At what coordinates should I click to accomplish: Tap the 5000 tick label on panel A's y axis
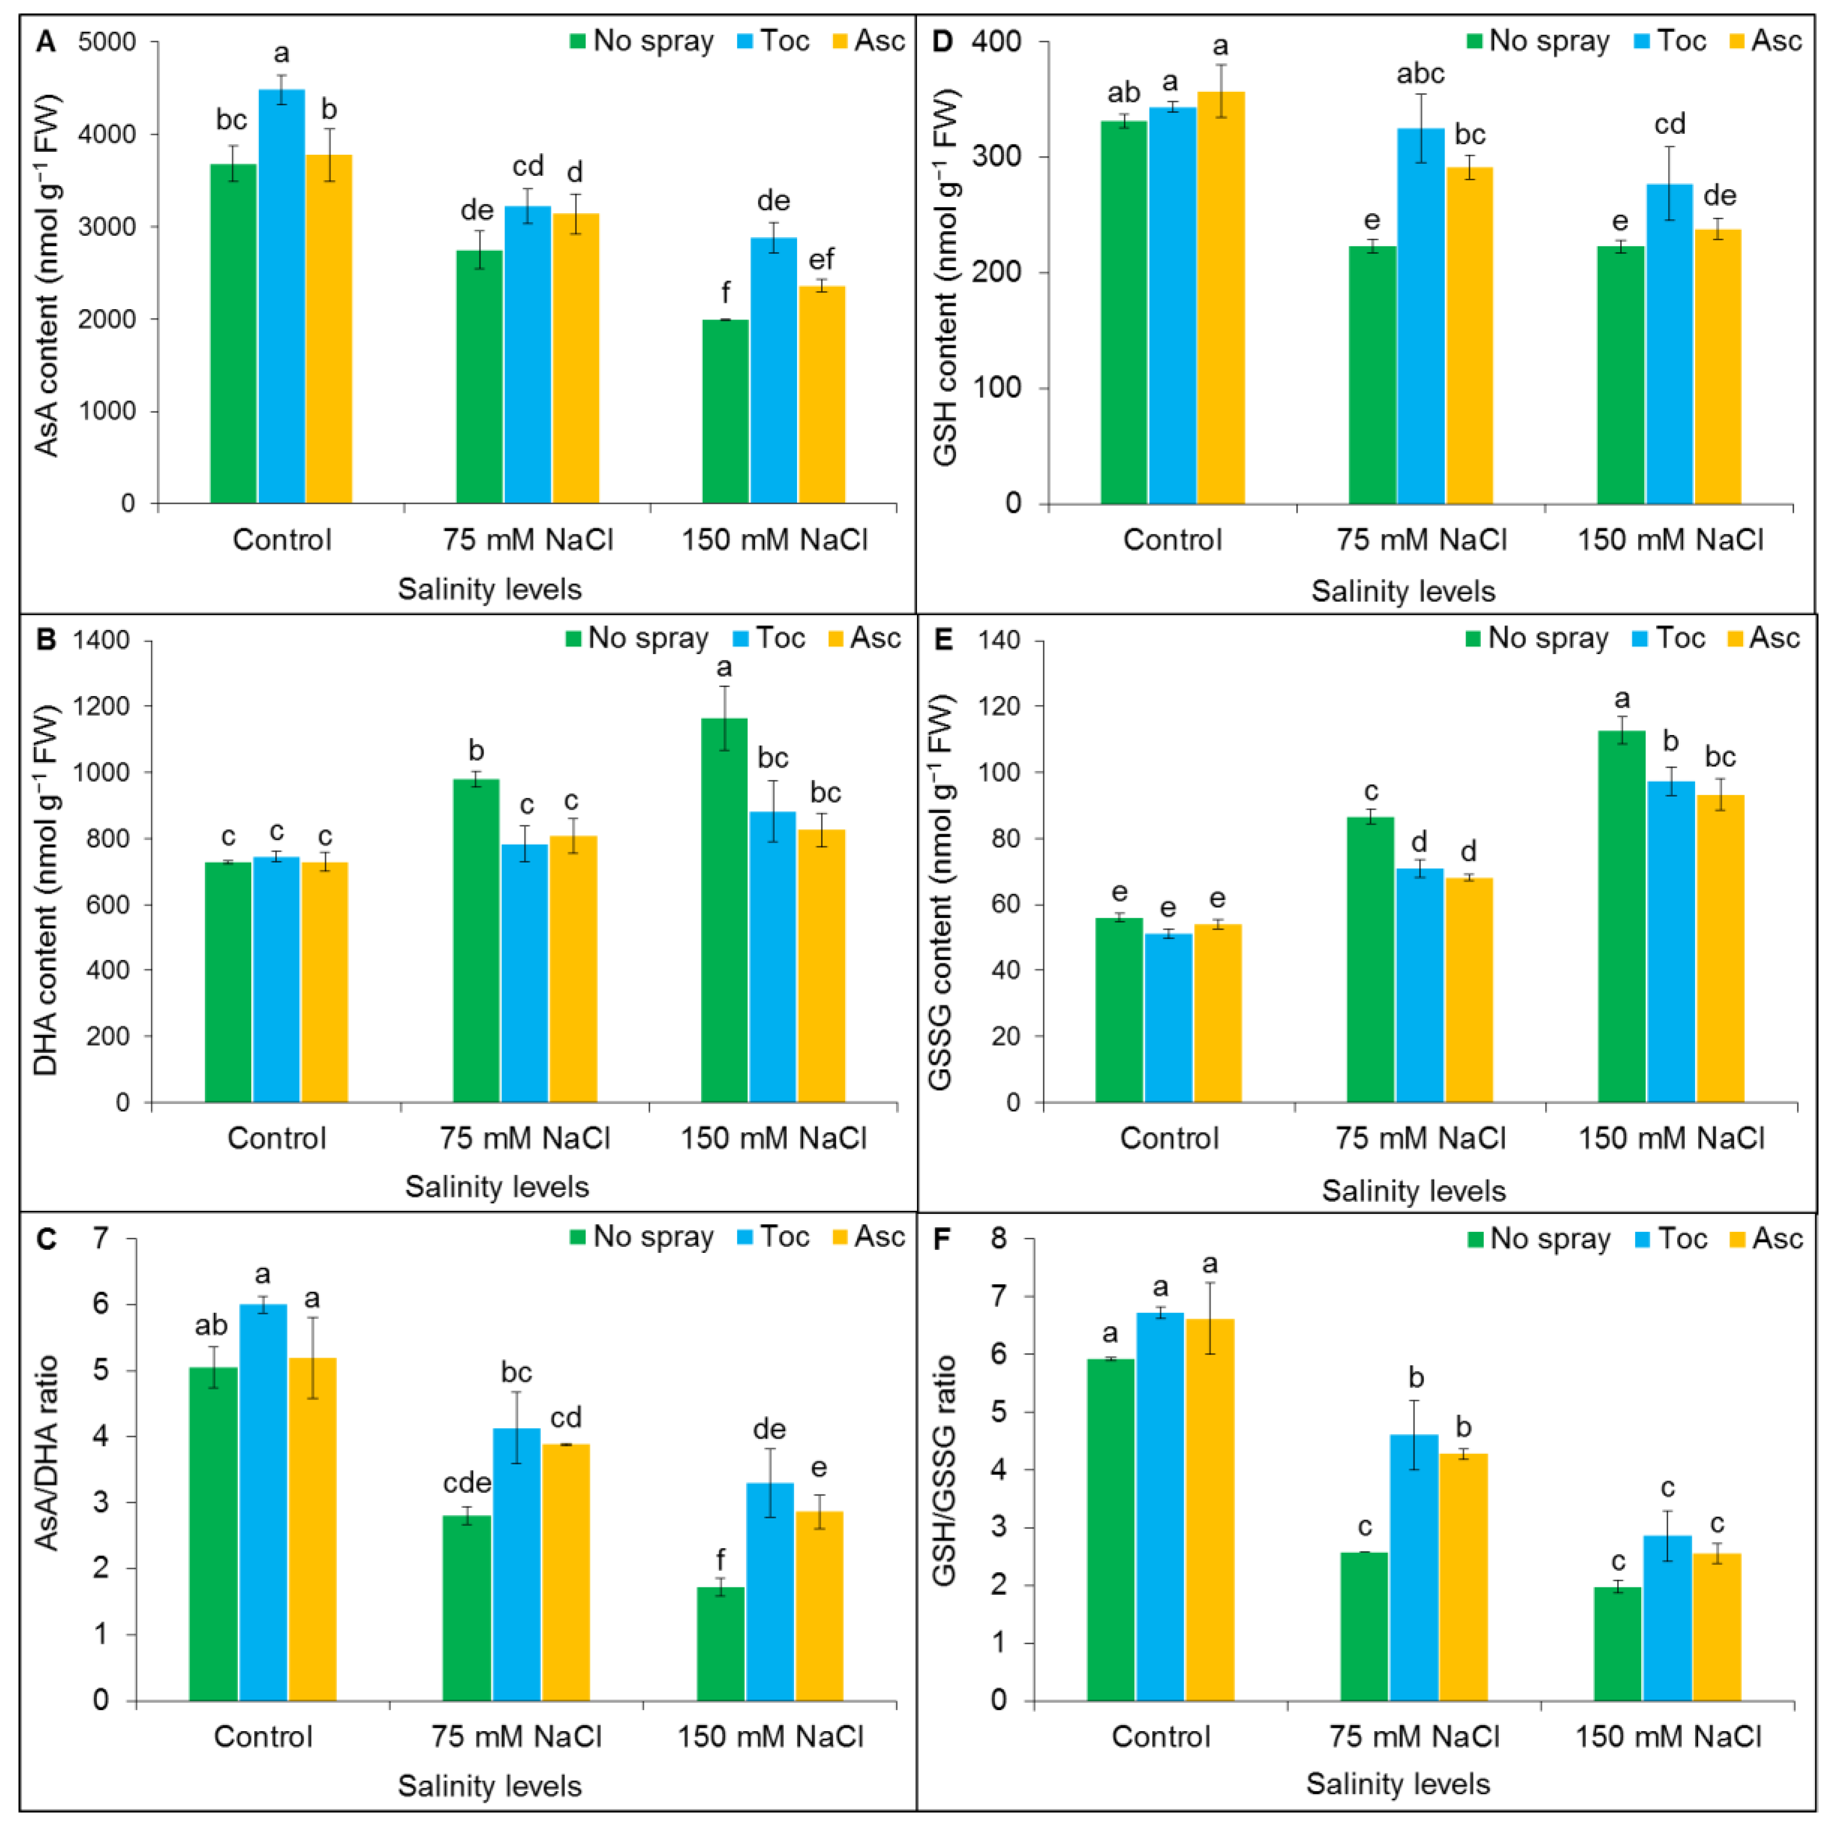click(x=107, y=42)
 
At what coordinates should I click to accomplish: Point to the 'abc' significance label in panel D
click(x=1420, y=74)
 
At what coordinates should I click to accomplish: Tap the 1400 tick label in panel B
click(x=101, y=640)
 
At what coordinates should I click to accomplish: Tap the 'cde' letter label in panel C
click(x=467, y=1482)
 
